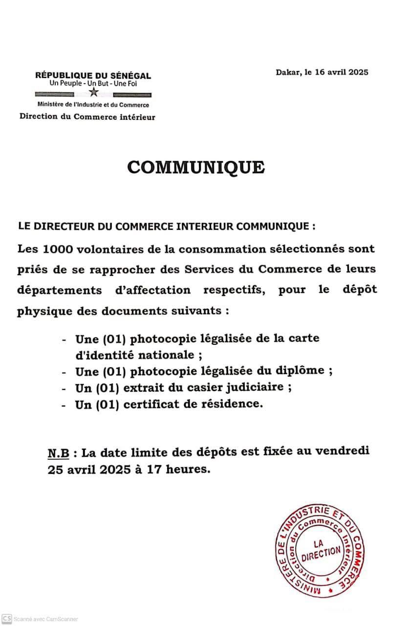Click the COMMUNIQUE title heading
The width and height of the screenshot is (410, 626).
click(x=196, y=167)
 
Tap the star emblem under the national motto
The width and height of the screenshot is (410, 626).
click(x=93, y=92)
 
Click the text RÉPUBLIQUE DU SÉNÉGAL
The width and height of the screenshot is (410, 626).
click(x=93, y=76)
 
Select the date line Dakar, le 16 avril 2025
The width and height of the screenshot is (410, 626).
click(x=322, y=72)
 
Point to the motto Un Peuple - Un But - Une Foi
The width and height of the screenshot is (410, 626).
click(x=93, y=84)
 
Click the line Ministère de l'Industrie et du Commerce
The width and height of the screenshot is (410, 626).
click(x=93, y=105)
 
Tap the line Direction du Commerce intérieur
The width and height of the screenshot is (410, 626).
click(x=87, y=117)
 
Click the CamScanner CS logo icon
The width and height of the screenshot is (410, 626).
click(x=6, y=618)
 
